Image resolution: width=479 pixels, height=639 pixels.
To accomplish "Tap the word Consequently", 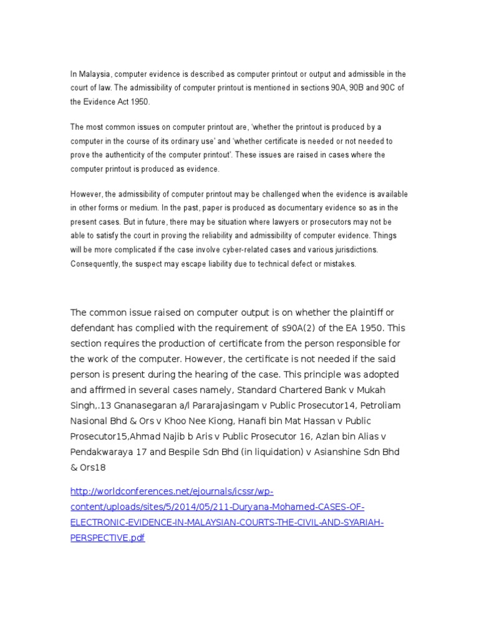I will click(x=94, y=263).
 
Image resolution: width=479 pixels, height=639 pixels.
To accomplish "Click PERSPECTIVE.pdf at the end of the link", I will click(x=107, y=538).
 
